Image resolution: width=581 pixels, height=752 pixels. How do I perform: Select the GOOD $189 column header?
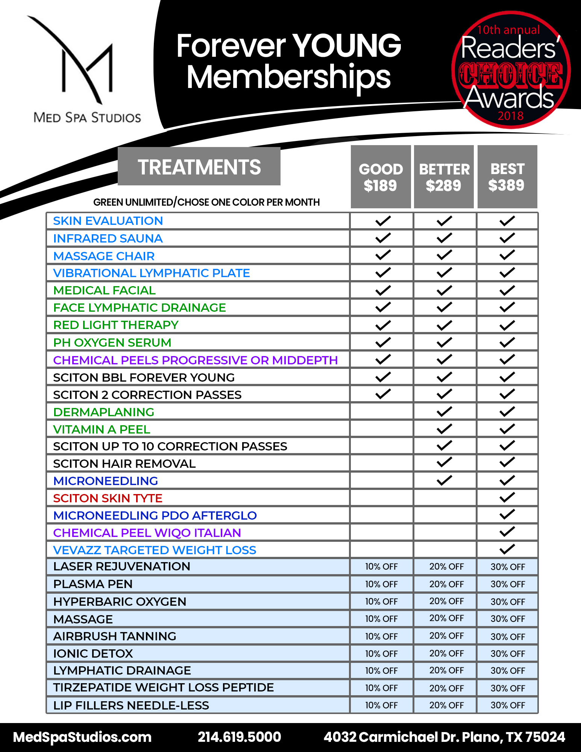381,177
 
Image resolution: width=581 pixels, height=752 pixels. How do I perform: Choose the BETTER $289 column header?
444,177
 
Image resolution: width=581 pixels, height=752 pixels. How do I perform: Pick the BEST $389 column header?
507,177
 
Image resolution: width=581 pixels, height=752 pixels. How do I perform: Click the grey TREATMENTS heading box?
199,167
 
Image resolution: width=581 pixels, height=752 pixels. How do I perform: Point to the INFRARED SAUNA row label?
108,238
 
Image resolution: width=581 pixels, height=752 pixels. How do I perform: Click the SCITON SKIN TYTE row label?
108,498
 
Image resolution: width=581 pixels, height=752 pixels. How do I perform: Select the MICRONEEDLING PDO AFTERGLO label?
155,515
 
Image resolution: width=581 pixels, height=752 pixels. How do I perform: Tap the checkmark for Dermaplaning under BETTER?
444,412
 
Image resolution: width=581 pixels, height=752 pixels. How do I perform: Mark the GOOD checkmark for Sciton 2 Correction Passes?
383,394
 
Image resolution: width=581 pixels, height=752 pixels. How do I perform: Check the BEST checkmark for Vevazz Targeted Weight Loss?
507,549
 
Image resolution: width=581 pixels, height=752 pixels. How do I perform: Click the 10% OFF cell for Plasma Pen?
381,584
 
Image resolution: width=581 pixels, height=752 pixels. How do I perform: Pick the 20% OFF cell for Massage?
446,619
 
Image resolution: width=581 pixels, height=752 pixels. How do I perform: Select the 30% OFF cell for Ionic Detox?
508,654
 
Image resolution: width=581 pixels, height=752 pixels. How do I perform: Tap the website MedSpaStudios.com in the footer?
82,737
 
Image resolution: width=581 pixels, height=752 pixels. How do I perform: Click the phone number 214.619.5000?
239,737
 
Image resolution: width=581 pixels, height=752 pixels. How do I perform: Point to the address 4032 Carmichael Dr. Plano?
444,737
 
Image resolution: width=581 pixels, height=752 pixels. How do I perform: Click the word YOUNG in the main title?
347,46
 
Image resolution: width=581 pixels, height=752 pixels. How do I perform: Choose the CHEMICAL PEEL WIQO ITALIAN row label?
147,533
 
